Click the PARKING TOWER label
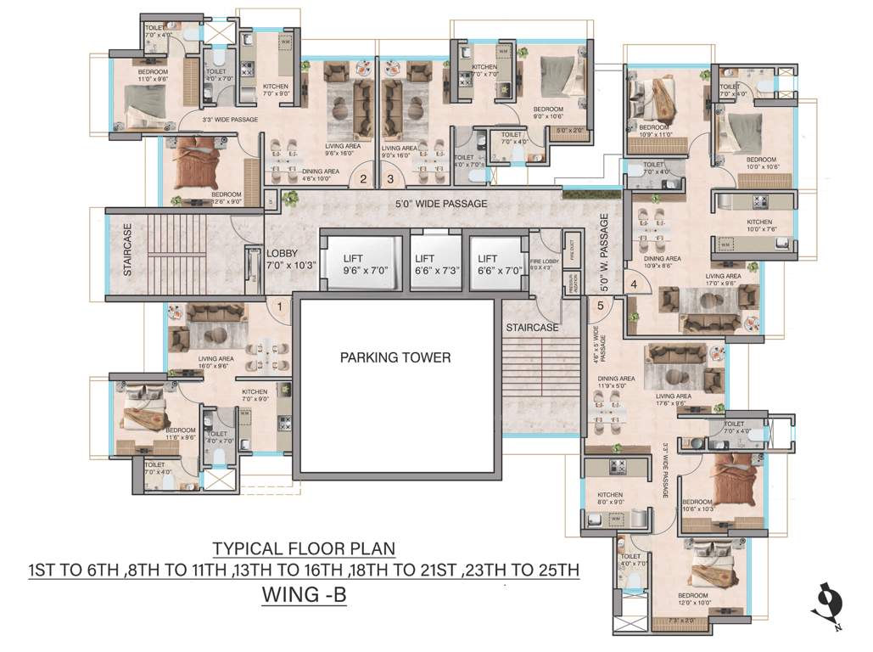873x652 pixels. (395, 357)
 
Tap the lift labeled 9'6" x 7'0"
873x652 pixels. (365, 265)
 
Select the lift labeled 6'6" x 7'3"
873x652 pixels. (425, 265)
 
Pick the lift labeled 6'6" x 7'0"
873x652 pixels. (487, 265)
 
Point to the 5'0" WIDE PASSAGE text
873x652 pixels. (441, 204)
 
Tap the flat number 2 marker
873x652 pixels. (362, 179)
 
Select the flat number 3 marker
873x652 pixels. (390, 179)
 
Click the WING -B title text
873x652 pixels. (305, 596)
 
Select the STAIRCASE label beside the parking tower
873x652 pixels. (532, 327)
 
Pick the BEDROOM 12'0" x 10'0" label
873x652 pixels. (692, 599)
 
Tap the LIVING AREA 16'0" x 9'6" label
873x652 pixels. (216, 363)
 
